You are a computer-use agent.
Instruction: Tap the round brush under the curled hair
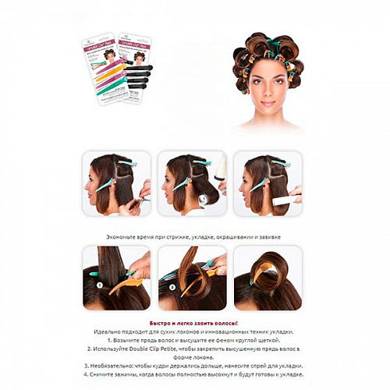tap(207, 199)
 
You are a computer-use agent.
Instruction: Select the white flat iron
tap(285, 200)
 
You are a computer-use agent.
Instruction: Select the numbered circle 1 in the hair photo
tap(99, 285)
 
